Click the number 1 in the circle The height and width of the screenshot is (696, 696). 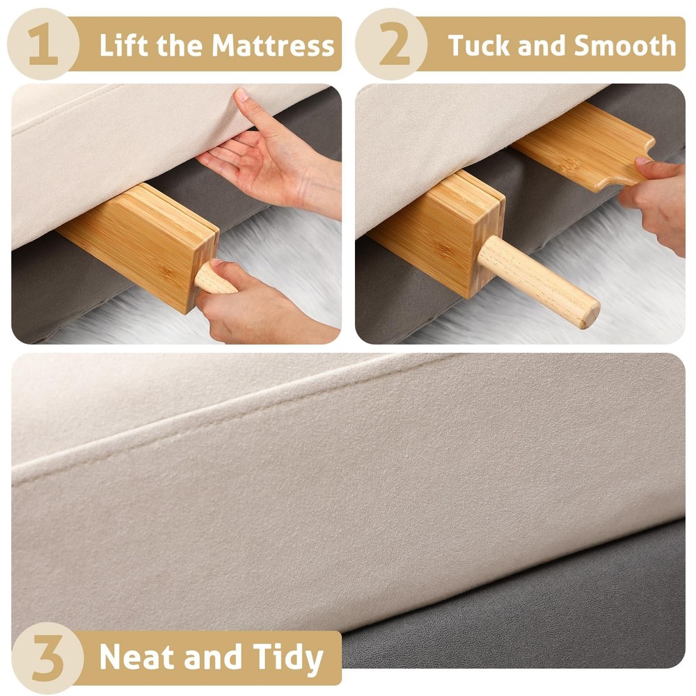[42, 45]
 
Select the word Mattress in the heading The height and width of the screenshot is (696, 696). [273, 46]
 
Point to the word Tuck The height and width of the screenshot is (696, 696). [475, 46]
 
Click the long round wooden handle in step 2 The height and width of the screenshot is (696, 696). [536, 278]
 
